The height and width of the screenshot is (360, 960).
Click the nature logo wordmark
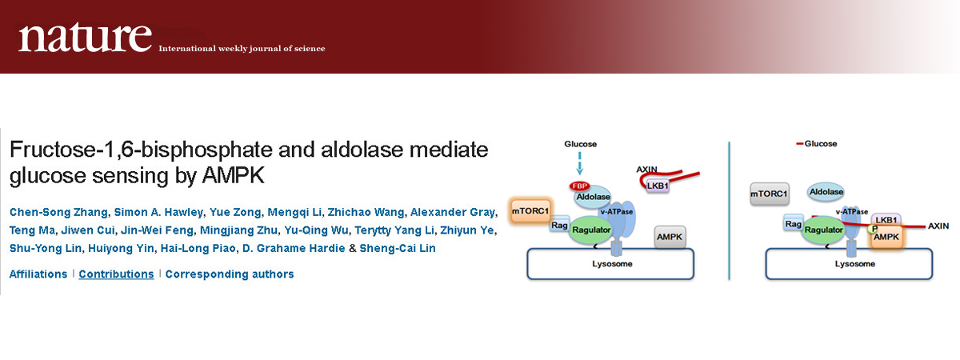tap(85, 38)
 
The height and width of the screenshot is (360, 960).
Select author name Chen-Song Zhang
tap(58, 212)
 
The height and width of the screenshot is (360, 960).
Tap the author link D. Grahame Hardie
tap(294, 248)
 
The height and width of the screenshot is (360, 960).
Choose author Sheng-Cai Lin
tap(398, 248)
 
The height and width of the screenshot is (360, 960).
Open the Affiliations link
tap(38, 274)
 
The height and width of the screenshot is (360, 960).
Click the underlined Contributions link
tap(116, 274)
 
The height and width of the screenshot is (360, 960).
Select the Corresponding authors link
tap(230, 274)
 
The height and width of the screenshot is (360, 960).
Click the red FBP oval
tap(579, 186)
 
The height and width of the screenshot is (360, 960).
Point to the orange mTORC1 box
tap(530, 211)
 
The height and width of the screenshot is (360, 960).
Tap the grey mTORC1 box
tap(770, 194)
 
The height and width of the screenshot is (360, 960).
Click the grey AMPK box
tap(670, 237)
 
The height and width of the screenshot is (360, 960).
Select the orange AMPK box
tap(886, 237)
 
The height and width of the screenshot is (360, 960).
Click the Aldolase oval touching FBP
tap(593, 197)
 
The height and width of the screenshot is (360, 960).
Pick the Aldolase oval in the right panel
tap(826, 192)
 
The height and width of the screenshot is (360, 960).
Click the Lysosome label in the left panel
tap(612, 264)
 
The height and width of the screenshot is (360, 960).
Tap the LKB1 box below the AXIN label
tap(658, 186)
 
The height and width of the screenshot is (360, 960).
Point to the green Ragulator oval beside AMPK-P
tap(823, 230)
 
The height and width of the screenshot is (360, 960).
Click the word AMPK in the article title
tap(233, 176)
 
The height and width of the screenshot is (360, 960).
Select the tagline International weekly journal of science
tap(242, 49)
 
